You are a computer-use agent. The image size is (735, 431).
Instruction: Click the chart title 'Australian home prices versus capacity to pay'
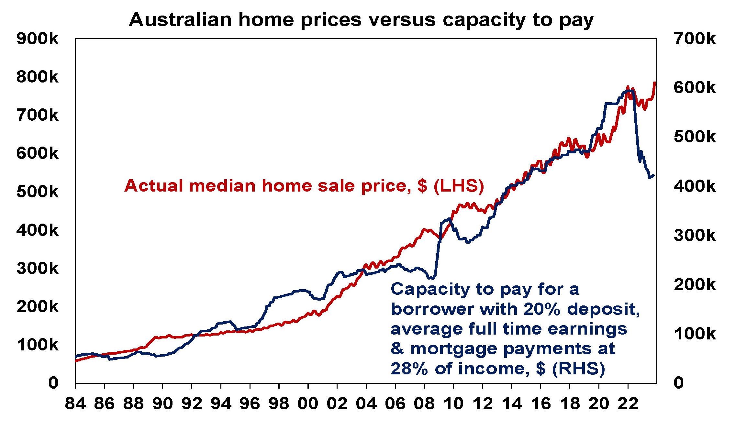click(x=361, y=20)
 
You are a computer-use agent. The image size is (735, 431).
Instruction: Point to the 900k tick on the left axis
click(x=38, y=39)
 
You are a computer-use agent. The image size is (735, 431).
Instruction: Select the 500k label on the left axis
click(x=38, y=192)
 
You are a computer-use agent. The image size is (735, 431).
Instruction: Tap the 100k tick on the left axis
click(x=38, y=345)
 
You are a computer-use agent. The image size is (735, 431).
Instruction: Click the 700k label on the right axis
click(x=695, y=39)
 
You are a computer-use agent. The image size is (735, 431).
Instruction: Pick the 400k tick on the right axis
click(x=695, y=186)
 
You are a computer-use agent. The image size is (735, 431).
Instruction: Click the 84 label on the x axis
click(x=75, y=404)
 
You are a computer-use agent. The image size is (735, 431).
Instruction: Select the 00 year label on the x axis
click(x=308, y=404)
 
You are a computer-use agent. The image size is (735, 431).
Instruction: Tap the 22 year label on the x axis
click(x=628, y=404)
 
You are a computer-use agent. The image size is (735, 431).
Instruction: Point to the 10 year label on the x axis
click(x=453, y=404)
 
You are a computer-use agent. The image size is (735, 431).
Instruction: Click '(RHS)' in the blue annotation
click(x=578, y=369)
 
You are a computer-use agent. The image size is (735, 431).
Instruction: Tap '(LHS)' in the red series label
click(x=459, y=186)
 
